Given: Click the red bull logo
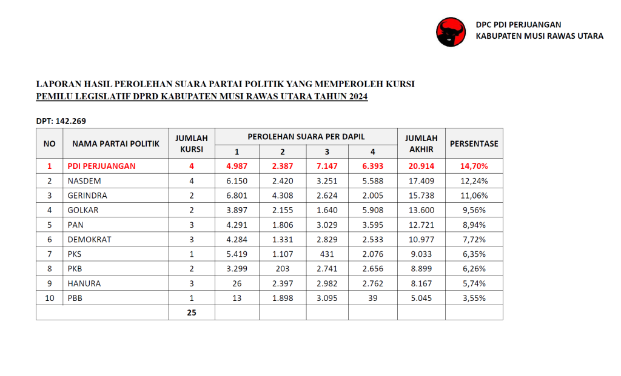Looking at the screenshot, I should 451,31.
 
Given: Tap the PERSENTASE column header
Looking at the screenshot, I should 474,143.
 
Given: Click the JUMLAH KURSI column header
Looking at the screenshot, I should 192,143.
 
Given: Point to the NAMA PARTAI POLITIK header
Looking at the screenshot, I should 116,143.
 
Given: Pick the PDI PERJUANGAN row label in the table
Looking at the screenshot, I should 101,166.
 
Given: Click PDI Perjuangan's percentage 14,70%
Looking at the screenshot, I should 474,166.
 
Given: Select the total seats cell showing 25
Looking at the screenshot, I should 192,312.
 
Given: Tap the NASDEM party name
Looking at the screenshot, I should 84,180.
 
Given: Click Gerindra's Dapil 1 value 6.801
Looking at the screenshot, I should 237,196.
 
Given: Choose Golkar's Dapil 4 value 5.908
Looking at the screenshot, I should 372,210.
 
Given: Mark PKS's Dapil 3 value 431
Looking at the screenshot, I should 327,254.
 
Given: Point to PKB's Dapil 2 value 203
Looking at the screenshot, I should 282,269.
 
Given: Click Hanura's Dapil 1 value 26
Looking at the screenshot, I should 237,283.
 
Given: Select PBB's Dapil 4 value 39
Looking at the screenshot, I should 372,298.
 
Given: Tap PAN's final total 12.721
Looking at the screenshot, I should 421,225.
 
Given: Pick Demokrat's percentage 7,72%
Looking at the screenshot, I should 474,239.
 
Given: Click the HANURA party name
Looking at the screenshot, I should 84,283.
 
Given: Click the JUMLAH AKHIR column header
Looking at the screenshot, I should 421,143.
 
